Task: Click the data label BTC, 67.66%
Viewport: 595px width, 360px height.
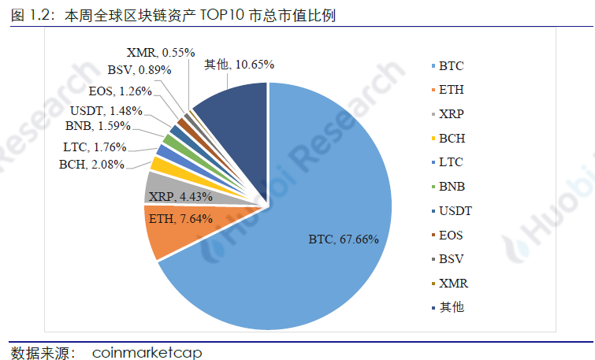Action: (344, 239)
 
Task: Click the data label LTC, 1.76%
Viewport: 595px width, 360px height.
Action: (94, 147)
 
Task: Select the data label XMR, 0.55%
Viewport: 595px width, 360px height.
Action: (160, 52)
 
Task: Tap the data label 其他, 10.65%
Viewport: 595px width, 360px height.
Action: (239, 65)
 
